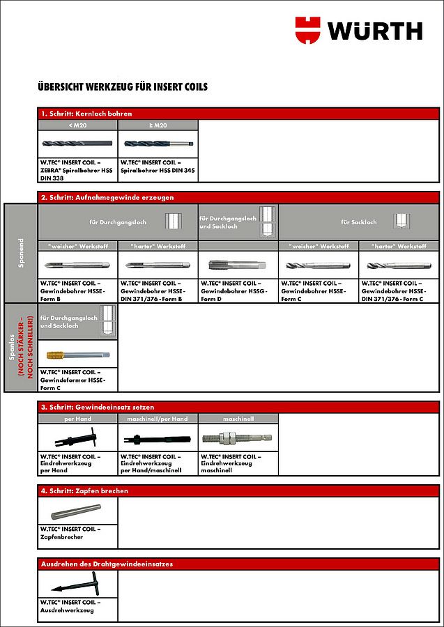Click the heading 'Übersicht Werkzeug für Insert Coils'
coord(123,87)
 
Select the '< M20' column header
coord(77,125)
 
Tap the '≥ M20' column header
coord(158,125)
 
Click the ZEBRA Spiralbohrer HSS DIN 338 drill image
coord(77,144)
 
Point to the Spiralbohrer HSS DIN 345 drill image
coord(158,144)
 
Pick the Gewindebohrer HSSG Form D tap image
coord(238,265)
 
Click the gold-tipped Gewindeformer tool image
coord(77,354)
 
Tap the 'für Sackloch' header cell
coord(358,222)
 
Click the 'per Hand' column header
coord(77,419)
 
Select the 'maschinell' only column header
coord(238,419)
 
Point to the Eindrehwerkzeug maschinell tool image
coord(238,438)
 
